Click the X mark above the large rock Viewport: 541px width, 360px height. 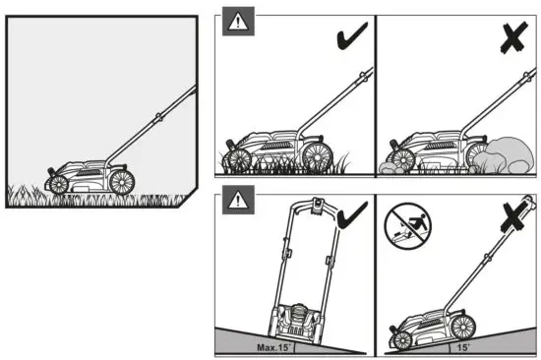coord(510,36)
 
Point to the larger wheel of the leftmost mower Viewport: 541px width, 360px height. coord(122,181)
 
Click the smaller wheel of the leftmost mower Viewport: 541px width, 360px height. coord(59,184)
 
